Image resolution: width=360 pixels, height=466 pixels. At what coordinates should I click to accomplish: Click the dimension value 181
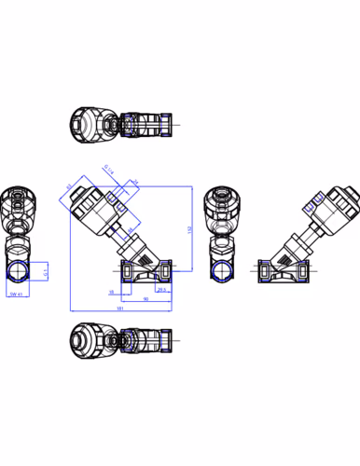[120, 308]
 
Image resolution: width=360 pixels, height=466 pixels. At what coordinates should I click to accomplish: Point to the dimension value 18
[111, 291]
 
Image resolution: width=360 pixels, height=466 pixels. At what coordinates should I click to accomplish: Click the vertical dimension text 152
[191, 228]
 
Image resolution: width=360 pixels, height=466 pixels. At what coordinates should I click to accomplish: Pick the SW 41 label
[15, 295]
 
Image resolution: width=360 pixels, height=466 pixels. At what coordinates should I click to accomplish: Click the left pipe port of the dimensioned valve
[127, 273]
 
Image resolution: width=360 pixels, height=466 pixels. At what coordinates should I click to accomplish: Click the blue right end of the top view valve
[166, 123]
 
